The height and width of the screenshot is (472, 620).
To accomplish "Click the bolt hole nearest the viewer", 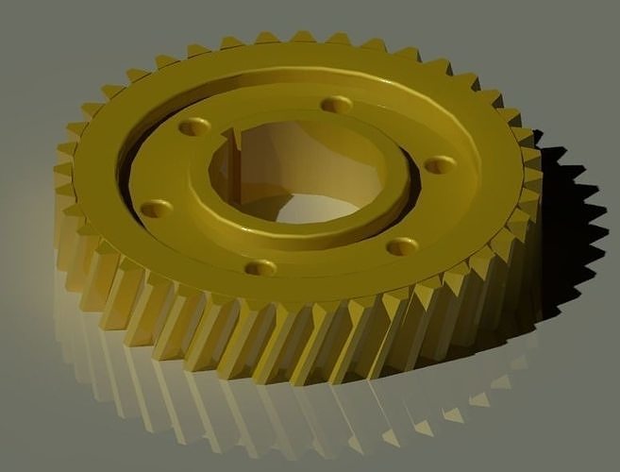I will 260,268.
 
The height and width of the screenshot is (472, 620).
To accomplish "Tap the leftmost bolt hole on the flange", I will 157,208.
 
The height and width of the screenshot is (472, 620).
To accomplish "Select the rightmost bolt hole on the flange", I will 440,164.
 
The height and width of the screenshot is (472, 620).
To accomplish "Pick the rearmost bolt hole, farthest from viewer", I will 336,104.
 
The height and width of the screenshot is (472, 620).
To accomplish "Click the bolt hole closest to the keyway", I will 194,126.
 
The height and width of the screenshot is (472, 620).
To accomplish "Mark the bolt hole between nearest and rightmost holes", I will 402,246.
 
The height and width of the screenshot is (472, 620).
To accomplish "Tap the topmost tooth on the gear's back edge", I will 302,37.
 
